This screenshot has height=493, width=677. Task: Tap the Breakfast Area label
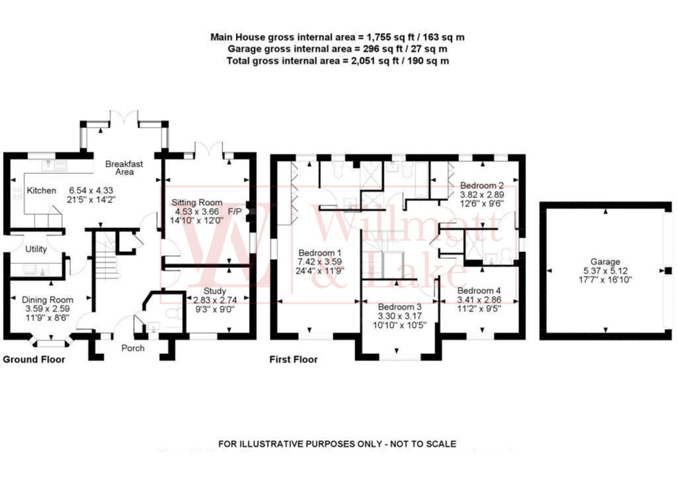124,168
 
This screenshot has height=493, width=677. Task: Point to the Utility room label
36,250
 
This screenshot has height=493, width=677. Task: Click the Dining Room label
47,299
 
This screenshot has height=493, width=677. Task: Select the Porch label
133,348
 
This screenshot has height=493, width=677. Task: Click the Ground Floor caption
34,359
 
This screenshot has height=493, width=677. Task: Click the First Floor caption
293,359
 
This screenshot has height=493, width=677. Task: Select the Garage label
605,262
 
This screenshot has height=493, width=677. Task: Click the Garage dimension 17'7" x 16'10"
605,279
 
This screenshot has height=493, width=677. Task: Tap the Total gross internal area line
338,62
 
